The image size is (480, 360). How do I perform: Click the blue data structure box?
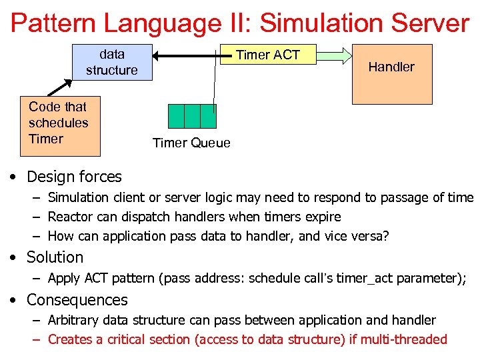pyautogui.click(x=112, y=62)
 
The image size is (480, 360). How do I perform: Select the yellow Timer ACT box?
pyautogui.click(x=268, y=55)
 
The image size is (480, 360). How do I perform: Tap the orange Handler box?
pyautogui.click(x=391, y=73)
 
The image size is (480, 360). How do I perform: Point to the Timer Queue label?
pyautogui.click(x=191, y=143)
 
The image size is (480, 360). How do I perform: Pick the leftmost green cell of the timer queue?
pyautogui.click(x=175, y=116)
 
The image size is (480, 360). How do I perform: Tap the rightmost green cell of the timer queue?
pyautogui.click(x=208, y=116)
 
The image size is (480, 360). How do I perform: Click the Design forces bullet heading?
pyautogui.click(x=74, y=177)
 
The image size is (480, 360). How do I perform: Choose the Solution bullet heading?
pyautogui.click(x=55, y=257)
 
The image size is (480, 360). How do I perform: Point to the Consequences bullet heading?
pyautogui.click(x=77, y=300)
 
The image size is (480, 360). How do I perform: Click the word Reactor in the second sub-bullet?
pyautogui.click(x=71, y=217)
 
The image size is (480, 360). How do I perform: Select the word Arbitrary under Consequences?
pyautogui.click(x=73, y=320)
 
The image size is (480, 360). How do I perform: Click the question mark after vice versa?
pyautogui.click(x=386, y=236)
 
